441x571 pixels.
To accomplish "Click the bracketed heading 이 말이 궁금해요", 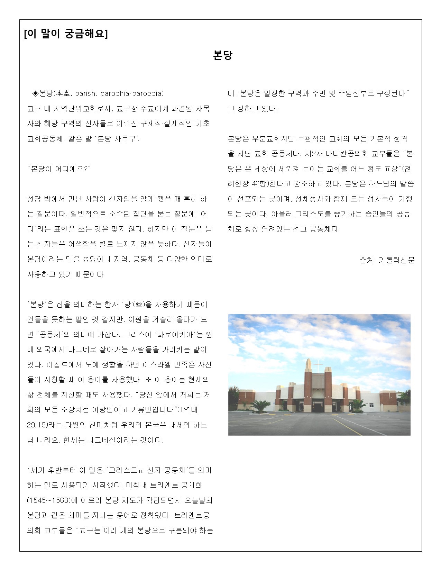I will point(66,34).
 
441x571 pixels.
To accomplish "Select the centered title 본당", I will point(223,55).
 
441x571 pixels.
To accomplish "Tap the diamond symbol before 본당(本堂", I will point(35,93).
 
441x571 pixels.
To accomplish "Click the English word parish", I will point(85,93).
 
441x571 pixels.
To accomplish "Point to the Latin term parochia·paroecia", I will point(132,93).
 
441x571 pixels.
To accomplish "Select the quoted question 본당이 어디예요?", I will point(59,169).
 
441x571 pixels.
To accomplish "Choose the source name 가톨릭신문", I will point(396,260).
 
